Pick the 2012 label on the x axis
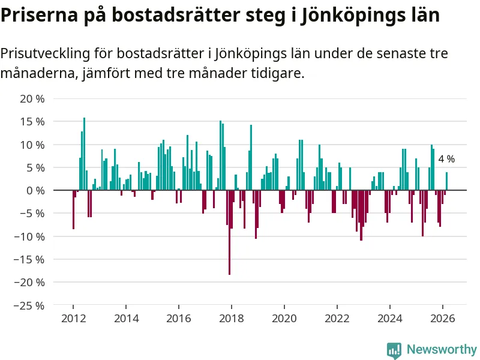pyautogui.click(x=73, y=319)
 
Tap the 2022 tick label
pyautogui.click(x=337, y=319)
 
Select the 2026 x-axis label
pyautogui.click(x=443, y=319)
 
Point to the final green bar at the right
pyautogui.click(x=446, y=181)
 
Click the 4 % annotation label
pyautogui.click(x=446, y=160)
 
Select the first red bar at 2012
pyautogui.click(x=73, y=209)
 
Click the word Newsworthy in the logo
pyautogui.click(x=442, y=349)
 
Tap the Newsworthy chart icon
pyautogui.click(x=394, y=350)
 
